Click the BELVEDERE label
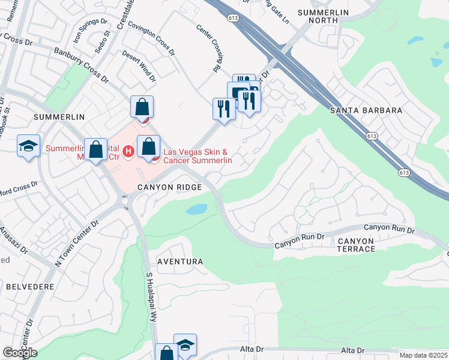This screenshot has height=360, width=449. coord(31,287)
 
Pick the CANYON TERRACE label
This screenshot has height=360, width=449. coord(355,245)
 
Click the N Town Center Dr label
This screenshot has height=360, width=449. coord(75,244)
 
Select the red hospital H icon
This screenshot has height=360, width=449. coord(128,150)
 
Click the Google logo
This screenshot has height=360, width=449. coord(20,353)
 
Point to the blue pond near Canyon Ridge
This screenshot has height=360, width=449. coord(197,209)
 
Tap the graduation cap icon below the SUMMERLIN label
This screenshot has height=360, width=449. coord(28,146)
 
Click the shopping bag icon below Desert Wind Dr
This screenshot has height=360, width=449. coord(142,107)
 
